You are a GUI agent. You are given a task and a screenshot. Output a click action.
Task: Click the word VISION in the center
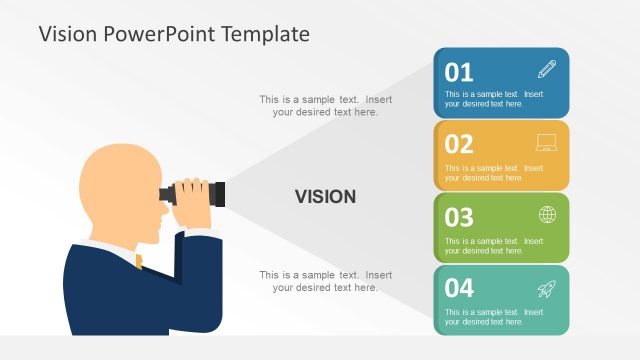(x=325, y=197)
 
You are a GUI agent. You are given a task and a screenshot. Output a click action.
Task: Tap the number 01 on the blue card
(x=459, y=72)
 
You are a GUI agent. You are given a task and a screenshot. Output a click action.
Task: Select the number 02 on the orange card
(x=459, y=144)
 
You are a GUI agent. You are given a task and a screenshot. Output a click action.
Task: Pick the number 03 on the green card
(x=459, y=216)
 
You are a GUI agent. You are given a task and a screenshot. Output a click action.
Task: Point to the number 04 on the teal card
(x=459, y=288)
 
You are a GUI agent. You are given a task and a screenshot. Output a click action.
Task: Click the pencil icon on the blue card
(x=546, y=70)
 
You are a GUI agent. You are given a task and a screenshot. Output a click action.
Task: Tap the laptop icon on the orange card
(x=546, y=142)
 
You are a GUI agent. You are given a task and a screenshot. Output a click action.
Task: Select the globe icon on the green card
(x=547, y=214)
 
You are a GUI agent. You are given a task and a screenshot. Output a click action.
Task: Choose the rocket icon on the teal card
(x=546, y=288)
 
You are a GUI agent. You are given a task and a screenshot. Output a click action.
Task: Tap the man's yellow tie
(x=139, y=261)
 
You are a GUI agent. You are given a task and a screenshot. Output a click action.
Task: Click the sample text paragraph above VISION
(x=325, y=106)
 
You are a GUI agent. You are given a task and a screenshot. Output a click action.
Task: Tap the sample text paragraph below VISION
(x=325, y=281)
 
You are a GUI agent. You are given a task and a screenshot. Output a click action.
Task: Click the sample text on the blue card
(x=493, y=99)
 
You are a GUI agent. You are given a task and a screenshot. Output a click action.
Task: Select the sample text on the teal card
(x=493, y=316)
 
